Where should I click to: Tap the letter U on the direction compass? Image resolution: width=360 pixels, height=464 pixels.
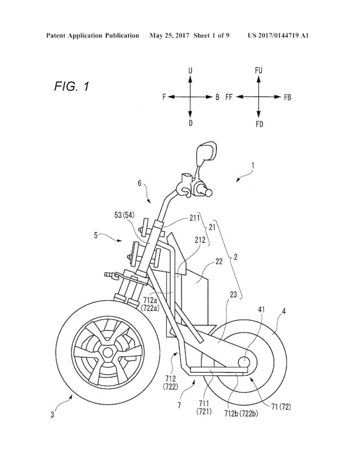point(190,71)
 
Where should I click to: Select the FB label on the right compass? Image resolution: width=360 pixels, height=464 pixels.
point(287,97)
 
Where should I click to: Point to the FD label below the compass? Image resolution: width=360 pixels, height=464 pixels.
point(259,125)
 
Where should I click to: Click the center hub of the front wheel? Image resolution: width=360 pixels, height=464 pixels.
point(107,352)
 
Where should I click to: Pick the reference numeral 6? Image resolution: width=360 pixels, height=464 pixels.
point(140,184)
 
